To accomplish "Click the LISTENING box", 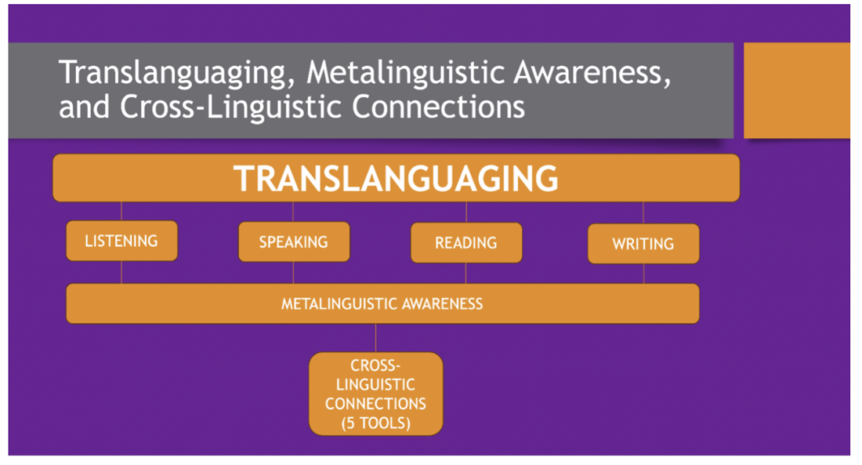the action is coord(121,240).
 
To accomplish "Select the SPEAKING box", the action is coord(294,242).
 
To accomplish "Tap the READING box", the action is coord(466,243).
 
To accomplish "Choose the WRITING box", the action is coord(643,243).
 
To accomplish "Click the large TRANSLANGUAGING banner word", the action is coord(396,179).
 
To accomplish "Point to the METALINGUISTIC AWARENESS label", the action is coord(382,304).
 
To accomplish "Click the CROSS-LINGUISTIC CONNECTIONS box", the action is coord(376,394).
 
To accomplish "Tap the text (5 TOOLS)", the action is coord(376,423).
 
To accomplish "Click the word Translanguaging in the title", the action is coord(178,73).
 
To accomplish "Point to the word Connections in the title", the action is coord(438,106).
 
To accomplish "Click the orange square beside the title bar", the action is coord(796,90).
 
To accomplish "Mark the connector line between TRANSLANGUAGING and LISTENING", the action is coord(121,211).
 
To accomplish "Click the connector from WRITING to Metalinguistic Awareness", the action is coord(644,274).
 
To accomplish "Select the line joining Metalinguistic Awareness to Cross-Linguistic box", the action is coord(376,338).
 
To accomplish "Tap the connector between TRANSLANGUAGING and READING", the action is coord(466,212).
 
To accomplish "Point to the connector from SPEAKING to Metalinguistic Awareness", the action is coord(293,273).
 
